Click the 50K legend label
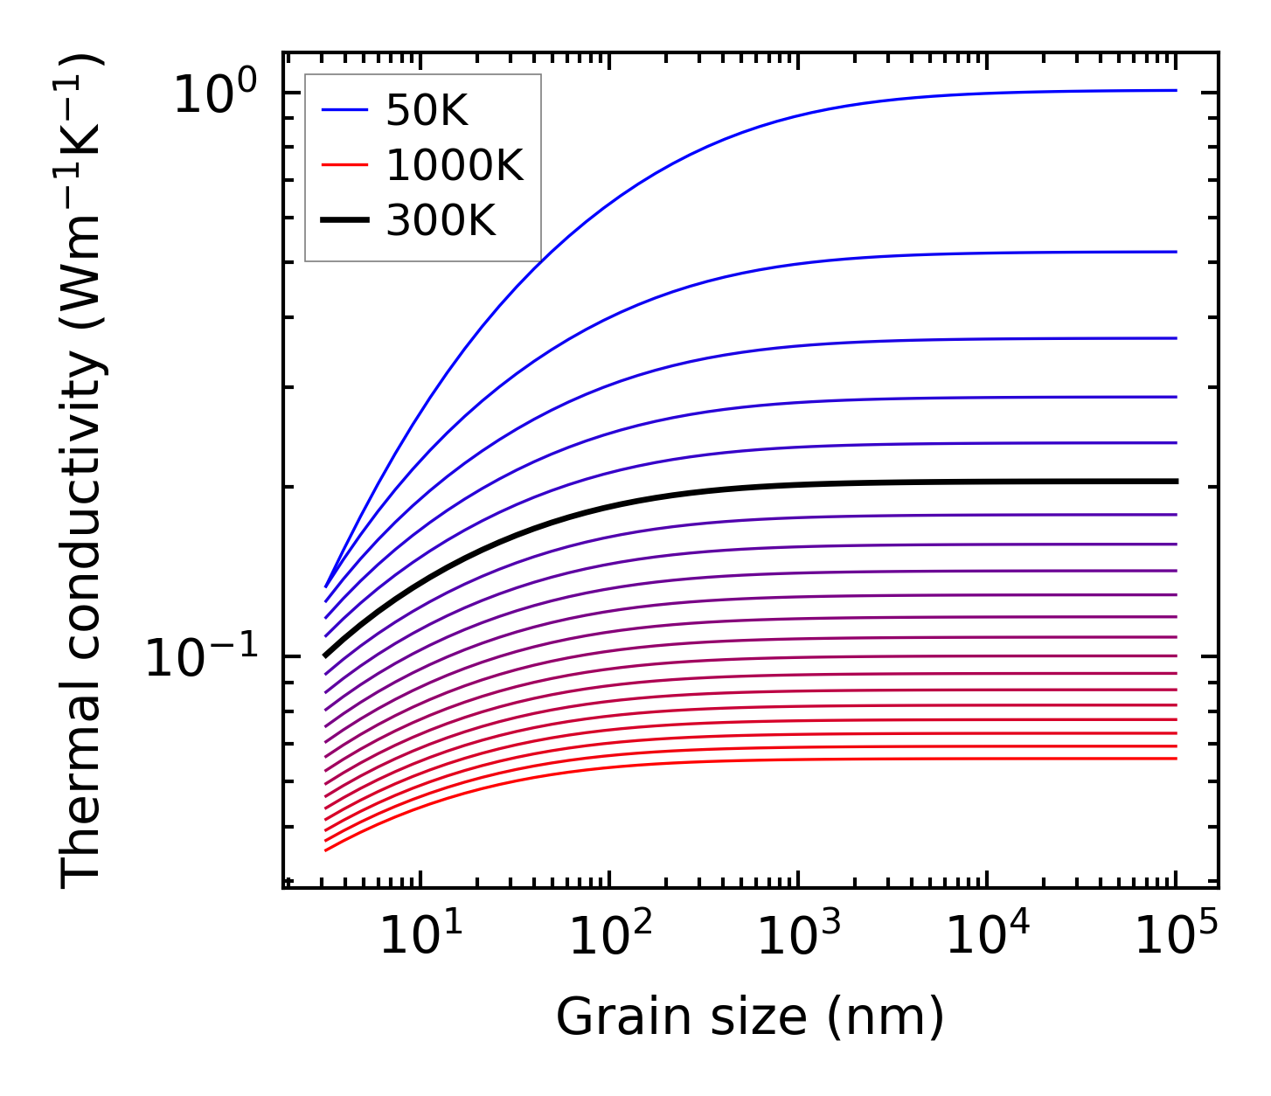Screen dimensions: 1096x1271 [427, 111]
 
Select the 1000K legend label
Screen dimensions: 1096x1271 [454, 165]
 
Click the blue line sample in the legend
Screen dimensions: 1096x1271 [345, 110]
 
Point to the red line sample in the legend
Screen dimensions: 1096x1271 [345, 165]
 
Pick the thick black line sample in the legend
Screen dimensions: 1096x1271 [345, 220]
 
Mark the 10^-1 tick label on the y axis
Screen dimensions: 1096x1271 [202, 658]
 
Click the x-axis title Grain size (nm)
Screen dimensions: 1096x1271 [750, 1017]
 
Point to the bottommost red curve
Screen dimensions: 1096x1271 [699, 761]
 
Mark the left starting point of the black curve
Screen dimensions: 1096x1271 [325, 655]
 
